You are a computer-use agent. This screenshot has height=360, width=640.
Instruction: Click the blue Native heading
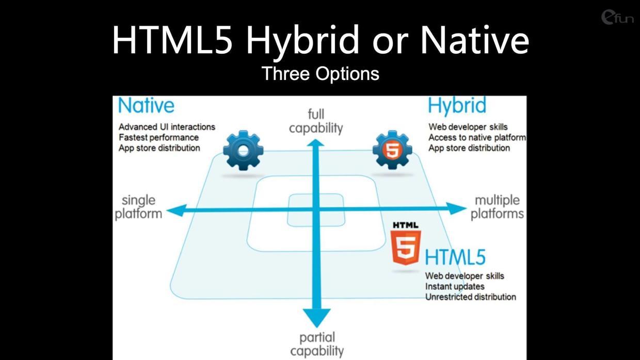146,105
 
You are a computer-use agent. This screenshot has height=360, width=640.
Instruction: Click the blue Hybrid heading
457,106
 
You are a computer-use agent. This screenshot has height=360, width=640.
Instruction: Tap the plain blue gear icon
243,151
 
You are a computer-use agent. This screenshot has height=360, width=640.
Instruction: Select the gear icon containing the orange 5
392,150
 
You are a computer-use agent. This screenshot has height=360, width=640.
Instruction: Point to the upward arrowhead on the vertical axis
315,143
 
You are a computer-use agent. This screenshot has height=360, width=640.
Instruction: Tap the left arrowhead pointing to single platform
177,211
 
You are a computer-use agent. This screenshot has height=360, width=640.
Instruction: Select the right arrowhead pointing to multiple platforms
456,208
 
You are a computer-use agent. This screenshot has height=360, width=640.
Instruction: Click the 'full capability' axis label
316,121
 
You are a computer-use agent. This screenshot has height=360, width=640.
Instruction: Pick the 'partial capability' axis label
317,345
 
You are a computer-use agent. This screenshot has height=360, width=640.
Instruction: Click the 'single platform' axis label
138,207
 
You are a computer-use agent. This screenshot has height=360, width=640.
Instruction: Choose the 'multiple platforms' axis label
497,207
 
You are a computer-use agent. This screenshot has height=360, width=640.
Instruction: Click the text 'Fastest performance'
158,138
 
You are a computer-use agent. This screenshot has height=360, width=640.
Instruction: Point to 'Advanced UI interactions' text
167,127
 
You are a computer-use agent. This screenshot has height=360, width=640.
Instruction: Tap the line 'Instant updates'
455,286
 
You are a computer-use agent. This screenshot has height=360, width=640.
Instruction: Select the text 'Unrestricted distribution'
471,297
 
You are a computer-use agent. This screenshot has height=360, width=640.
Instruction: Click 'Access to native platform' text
477,138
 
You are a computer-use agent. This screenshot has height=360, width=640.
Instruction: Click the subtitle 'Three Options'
321,74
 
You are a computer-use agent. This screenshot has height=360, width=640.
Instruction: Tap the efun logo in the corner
617,17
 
